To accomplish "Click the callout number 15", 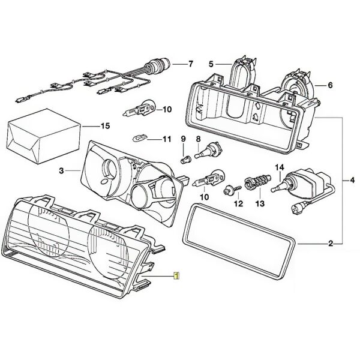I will [106, 127].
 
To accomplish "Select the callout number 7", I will [191, 63].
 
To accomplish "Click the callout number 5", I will [211, 63].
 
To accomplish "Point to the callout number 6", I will [329, 86].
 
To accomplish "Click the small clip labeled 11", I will [139, 139].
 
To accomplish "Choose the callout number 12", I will [239, 205].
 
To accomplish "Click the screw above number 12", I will [229, 191].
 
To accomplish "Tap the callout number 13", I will [260, 205].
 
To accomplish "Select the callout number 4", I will [352, 179].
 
